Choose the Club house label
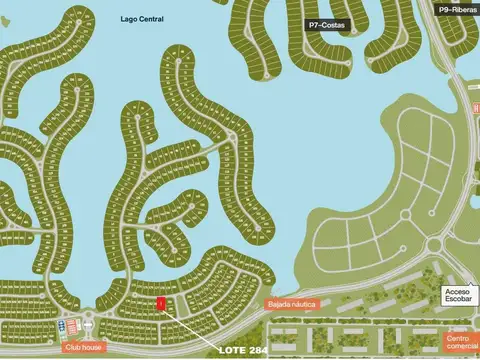tap(83, 347)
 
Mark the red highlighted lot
tap(160, 303)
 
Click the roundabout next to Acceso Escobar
tap(434, 247)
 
